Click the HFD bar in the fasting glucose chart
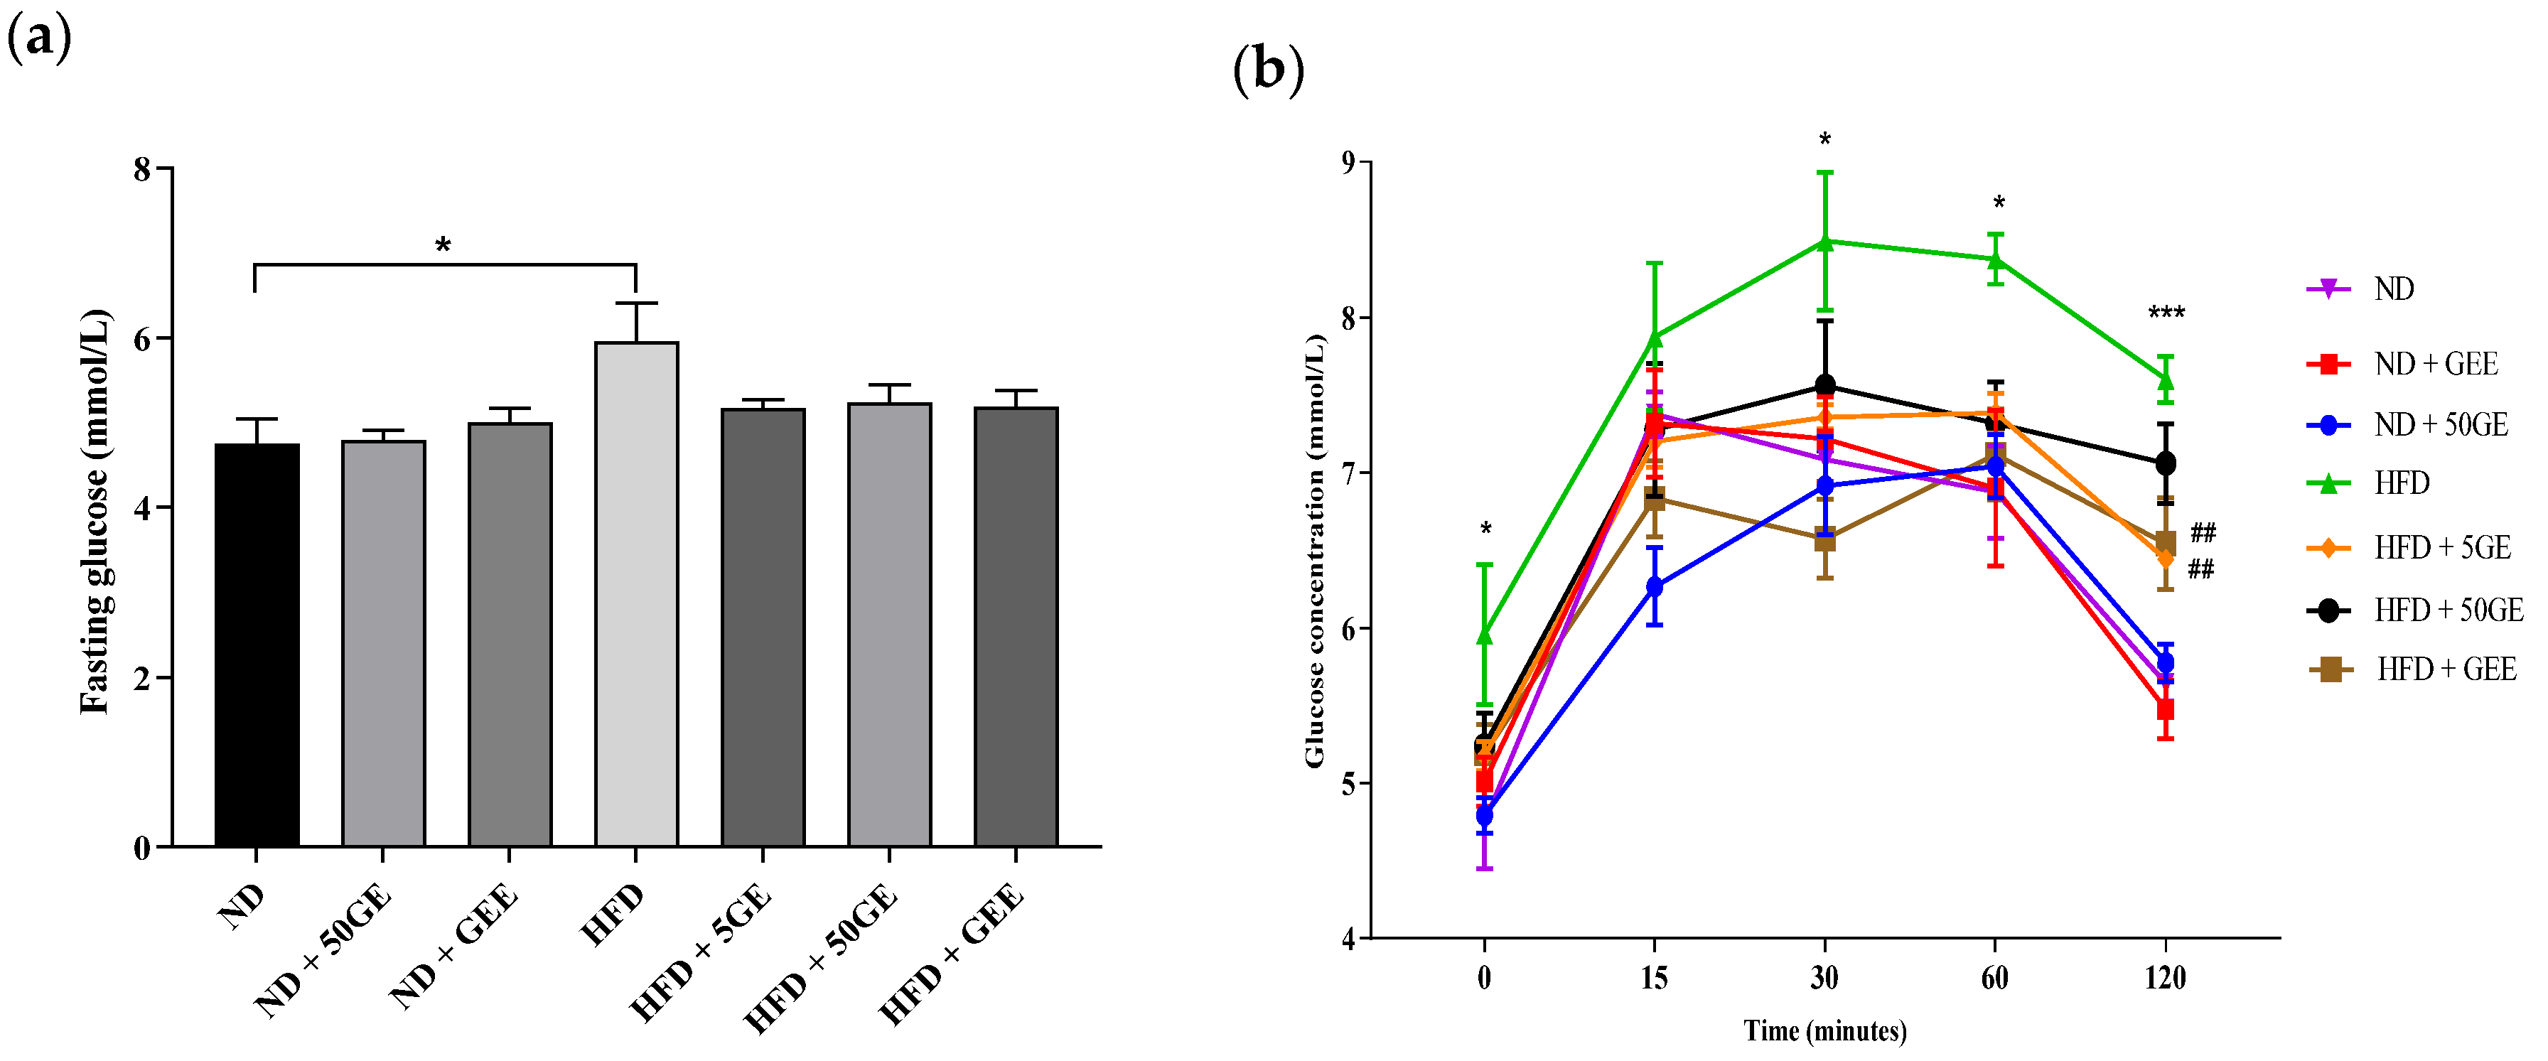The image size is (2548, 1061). coord(636,593)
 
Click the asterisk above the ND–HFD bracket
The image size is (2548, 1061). coord(443,245)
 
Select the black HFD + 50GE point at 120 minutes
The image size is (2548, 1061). coord(2165,463)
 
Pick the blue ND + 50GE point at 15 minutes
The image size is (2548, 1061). coord(1654,586)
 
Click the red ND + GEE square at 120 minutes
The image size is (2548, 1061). coord(2165,710)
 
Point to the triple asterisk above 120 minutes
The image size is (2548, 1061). coord(2166,313)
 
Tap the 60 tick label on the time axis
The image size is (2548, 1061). coord(1995,978)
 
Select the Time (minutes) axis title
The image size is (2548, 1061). coord(1825,1031)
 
